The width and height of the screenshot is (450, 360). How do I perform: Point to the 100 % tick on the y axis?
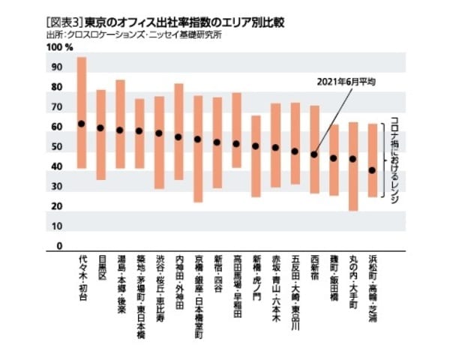pyautogui.click(x=59, y=47)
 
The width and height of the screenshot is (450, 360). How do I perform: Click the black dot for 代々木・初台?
pyautogui.click(x=82, y=124)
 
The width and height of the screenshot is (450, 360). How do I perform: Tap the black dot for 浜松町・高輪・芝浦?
pyautogui.click(x=373, y=170)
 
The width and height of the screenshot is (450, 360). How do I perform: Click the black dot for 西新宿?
pyautogui.click(x=314, y=155)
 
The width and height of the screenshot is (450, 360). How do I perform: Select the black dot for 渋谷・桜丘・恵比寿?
pyautogui.click(x=159, y=133)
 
